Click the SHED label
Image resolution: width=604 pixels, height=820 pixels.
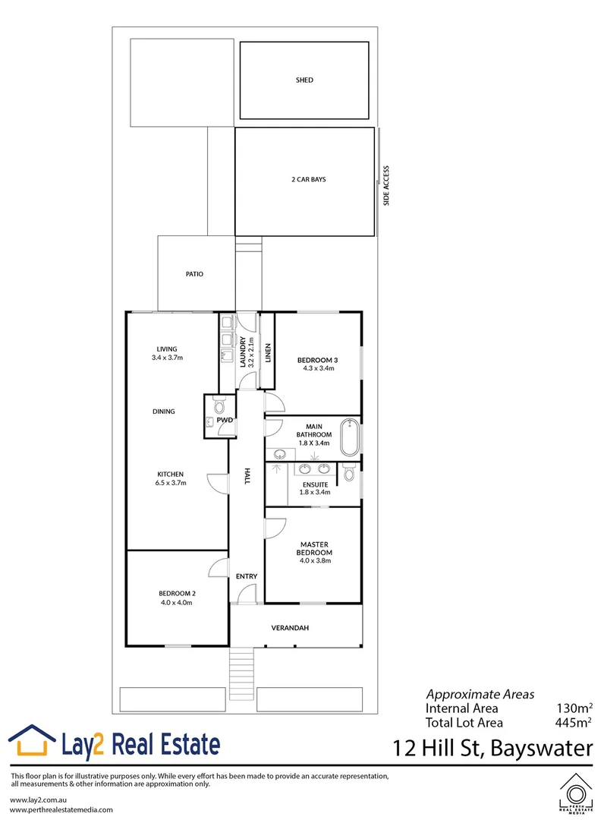pyautogui.click(x=304, y=80)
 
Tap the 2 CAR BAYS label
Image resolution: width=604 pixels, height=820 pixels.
pyautogui.click(x=304, y=180)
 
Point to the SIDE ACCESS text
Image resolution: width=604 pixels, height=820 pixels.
pyautogui.click(x=386, y=186)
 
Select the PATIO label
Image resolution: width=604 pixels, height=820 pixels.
pyautogui.click(x=194, y=274)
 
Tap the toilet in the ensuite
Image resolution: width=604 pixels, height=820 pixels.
pyautogui.click(x=348, y=473)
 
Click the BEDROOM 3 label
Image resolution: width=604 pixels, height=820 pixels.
pyautogui.click(x=316, y=359)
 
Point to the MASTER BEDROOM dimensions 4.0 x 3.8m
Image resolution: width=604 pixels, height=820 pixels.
pyautogui.click(x=313, y=561)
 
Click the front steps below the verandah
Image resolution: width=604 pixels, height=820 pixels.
pyautogui.click(x=241, y=674)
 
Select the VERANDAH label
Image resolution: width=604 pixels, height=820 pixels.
pyautogui.click(x=291, y=628)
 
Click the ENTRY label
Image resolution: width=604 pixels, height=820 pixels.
pyautogui.click(x=247, y=576)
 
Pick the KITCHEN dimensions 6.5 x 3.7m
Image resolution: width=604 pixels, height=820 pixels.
pyautogui.click(x=170, y=482)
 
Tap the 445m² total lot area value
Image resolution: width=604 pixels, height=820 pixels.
pyautogui.click(x=574, y=723)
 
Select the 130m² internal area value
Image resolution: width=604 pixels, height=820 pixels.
pyautogui.click(x=574, y=708)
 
